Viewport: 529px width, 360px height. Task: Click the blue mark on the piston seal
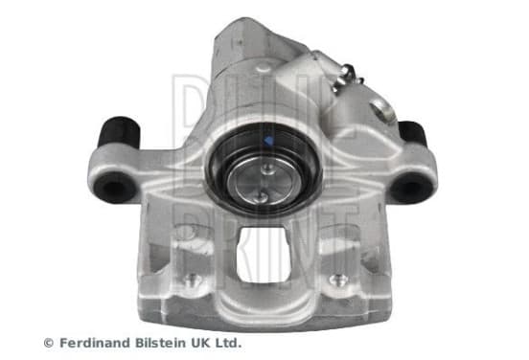click(x=269, y=140)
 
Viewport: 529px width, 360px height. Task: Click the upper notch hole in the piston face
click(x=266, y=169)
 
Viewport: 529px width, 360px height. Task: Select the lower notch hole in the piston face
click(x=263, y=197)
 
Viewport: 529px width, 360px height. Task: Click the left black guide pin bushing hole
click(x=115, y=188)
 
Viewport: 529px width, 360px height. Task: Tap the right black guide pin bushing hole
click(x=411, y=188)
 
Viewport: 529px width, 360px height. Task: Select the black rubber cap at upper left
click(x=119, y=132)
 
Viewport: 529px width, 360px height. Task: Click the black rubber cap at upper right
click(x=412, y=133)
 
